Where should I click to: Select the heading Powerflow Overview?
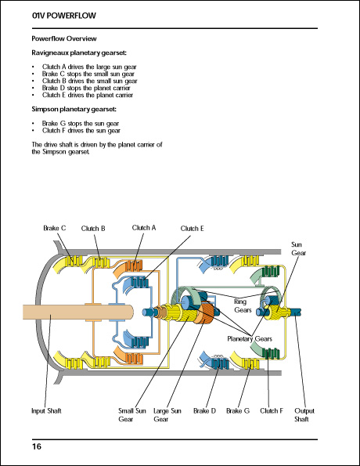[64, 38]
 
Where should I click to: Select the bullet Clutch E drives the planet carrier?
[86, 95]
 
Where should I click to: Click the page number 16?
[37, 446]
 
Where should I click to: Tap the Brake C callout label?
[55, 228]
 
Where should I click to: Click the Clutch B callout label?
[92, 228]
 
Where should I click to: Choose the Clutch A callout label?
[144, 228]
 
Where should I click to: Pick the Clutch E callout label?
[192, 229]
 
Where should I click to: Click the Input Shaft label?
[48, 410]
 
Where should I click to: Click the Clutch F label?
[271, 410]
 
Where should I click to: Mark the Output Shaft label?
[304, 414]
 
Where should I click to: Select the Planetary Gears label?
[250, 338]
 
